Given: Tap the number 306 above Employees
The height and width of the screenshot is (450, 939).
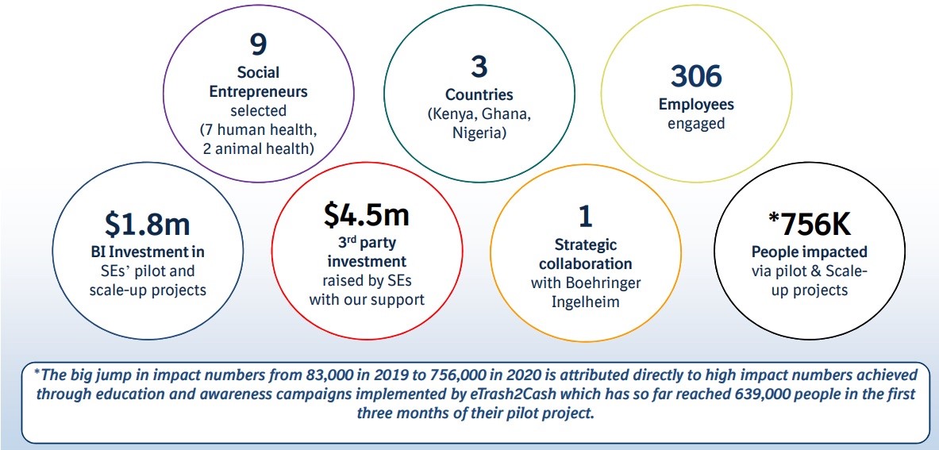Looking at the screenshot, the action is coord(696,76).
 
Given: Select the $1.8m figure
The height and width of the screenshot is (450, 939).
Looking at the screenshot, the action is coord(148,223).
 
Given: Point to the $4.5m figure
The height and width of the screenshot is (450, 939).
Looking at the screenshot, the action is coord(367,215).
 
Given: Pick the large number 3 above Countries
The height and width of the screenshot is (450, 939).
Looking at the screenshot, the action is coord(479,66).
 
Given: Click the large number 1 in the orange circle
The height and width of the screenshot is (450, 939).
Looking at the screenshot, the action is coord(585,217).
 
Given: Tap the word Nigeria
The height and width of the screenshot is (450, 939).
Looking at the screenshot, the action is coord(479,133).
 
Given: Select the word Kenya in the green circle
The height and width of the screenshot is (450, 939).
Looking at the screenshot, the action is coord(453,114).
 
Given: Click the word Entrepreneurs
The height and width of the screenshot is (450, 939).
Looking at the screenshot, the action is coord(258,92).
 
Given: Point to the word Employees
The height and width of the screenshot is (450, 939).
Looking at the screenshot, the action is coord(696,104).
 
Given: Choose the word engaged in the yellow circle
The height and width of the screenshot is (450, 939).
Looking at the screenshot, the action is coord(696,124).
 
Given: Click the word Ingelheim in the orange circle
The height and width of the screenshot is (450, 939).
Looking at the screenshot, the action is coord(585,301).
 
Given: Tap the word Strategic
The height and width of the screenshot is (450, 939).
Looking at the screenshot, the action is coord(586,244).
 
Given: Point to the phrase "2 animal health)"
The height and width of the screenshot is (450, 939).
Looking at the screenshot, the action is coord(258,149).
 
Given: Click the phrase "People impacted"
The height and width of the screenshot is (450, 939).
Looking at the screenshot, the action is coord(810,252).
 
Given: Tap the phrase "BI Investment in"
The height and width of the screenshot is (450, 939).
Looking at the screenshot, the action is coord(148,252).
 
